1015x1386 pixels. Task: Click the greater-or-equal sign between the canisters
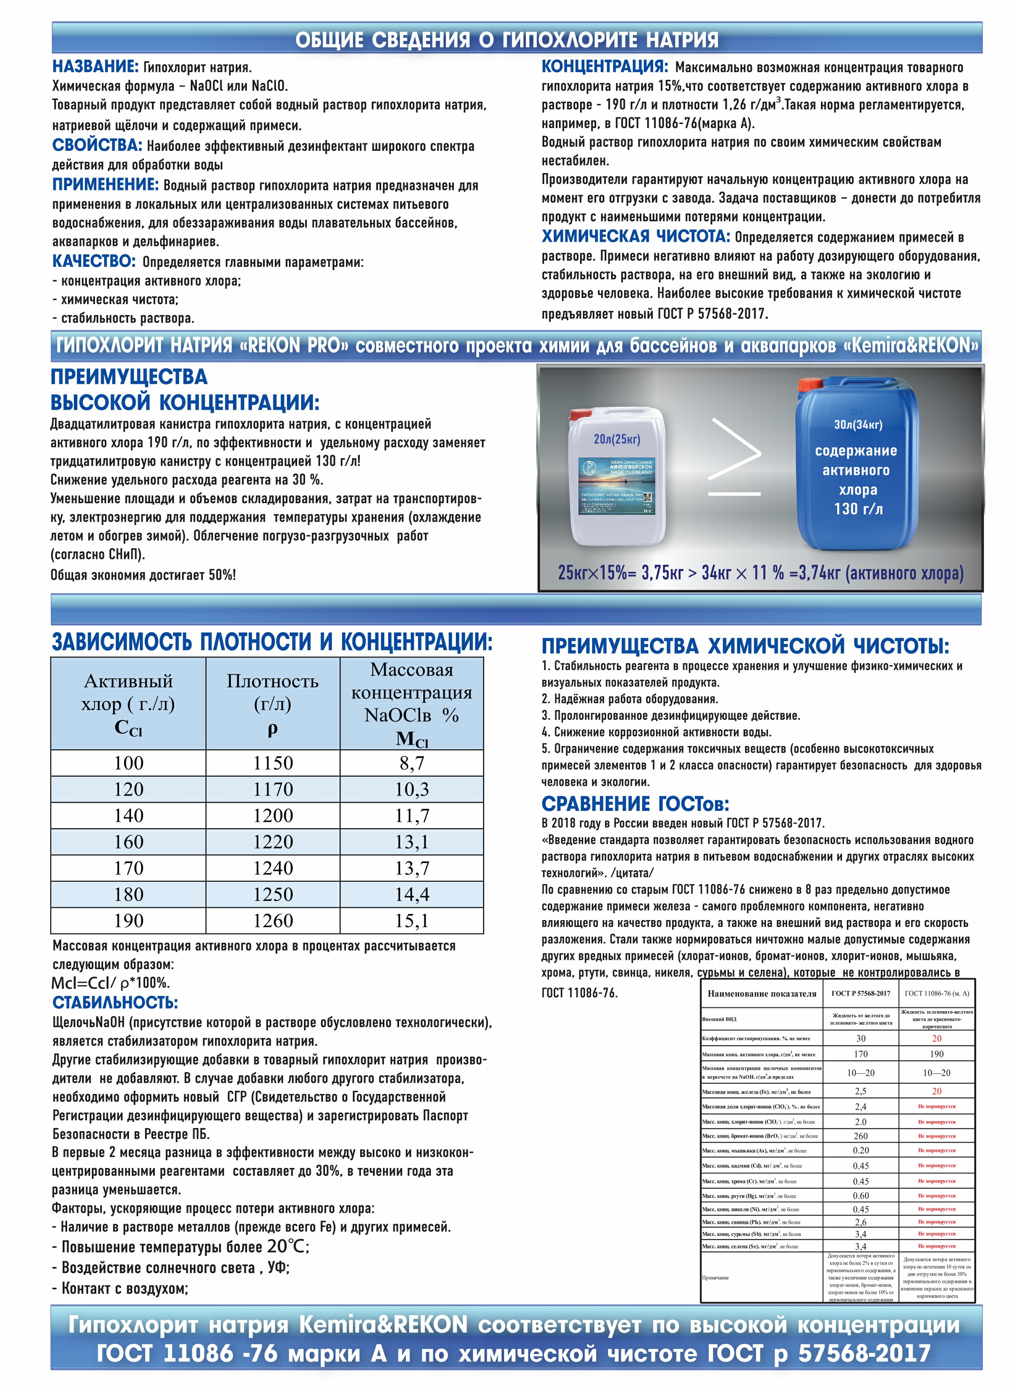pyautogui.click(x=735, y=457)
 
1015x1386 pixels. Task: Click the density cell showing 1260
pyautogui.click(x=273, y=921)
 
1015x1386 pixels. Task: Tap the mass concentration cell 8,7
pyautogui.click(x=411, y=763)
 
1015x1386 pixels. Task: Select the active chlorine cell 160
pyautogui.click(x=129, y=842)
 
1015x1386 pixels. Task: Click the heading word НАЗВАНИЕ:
pyautogui.click(x=95, y=66)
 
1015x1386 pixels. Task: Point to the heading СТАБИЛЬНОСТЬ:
pyautogui.click(x=115, y=1003)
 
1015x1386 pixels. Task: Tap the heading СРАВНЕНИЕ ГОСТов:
pyautogui.click(x=635, y=804)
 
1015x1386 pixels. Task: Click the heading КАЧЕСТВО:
pyautogui.click(x=93, y=261)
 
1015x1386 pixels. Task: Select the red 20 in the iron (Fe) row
pyautogui.click(x=936, y=1091)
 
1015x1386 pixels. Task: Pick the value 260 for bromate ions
pyautogui.click(x=861, y=1136)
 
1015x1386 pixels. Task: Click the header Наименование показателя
pyautogui.click(x=762, y=993)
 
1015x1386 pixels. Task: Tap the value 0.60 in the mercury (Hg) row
pyautogui.click(x=861, y=1196)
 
